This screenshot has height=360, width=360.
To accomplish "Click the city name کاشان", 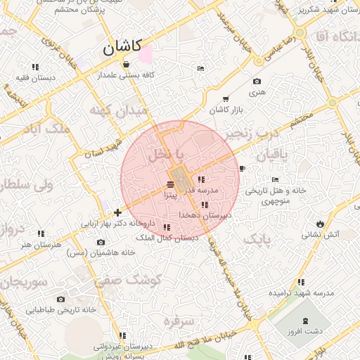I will (122, 49).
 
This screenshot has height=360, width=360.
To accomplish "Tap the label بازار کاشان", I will (225, 111).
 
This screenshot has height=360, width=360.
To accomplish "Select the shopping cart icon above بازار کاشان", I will (225, 99).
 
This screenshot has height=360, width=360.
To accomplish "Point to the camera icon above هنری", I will (256, 82).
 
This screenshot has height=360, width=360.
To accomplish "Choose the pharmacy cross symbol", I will (117, 212).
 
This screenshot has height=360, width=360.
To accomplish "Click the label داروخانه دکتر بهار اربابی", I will (117, 224).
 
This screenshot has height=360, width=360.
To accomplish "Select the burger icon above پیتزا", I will (172, 184).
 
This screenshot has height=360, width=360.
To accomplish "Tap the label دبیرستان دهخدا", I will (205, 215).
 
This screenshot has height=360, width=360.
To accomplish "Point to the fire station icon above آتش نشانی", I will (321, 224).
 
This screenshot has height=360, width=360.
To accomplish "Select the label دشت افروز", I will (305, 330).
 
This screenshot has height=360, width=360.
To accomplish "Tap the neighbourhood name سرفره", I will (179, 321).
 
